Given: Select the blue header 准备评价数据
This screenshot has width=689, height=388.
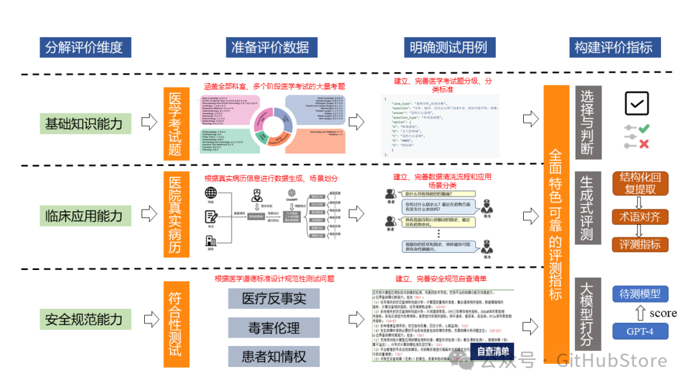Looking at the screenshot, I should pyautogui.click(x=270, y=47).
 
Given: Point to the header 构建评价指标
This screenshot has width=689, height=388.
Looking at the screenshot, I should pyautogui.click(x=613, y=47).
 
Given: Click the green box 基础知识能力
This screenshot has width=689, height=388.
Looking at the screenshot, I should pyautogui.click(x=84, y=122).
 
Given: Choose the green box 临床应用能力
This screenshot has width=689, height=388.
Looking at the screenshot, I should pyautogui.click(x=84, y=215).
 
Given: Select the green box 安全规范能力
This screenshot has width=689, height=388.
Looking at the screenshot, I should pyautogui.click(x=84, y=319).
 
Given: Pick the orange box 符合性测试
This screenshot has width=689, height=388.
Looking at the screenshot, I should pyautogui.click(x=176, y=324).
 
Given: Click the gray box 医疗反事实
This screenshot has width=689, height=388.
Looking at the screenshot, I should pyautogui.click(x=274, y=298).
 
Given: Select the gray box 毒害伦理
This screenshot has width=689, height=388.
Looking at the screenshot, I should pyautogui.click(x=274, y=328).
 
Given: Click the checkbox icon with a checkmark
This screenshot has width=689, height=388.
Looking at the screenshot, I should pyautogui.click(x=636, y=103).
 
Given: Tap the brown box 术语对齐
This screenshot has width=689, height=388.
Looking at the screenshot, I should pyautogui.click(x=639, y=216).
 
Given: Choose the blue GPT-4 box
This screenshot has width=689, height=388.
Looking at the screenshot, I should pyautogui.click(x=640, y=331).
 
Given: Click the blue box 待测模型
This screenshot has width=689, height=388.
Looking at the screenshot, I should pyautogui.click(x=640, y=294).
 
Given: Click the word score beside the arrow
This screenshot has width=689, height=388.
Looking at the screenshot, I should pyautogui.click(x=663, y=313).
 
